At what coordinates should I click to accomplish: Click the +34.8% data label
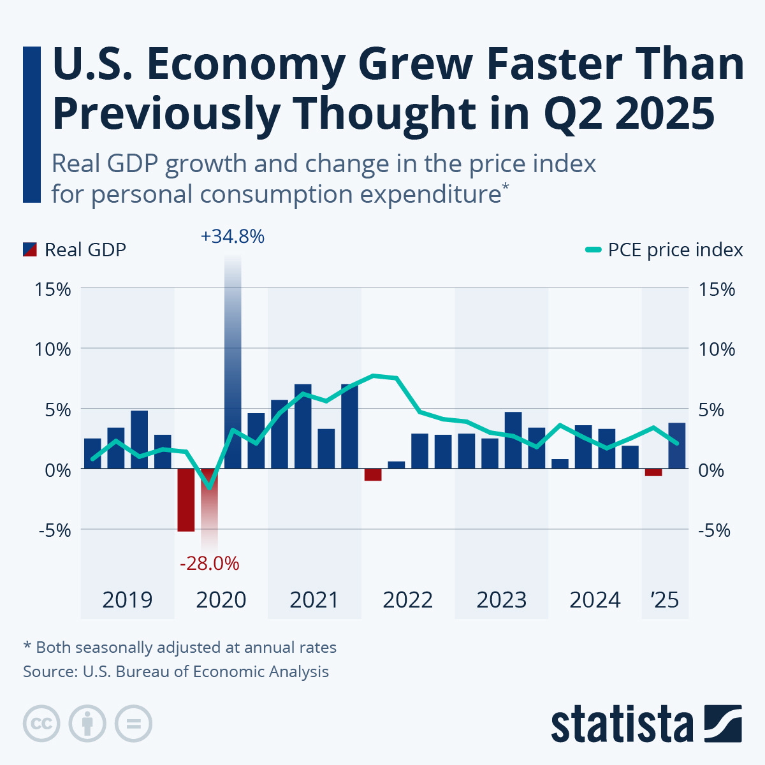point(233,237)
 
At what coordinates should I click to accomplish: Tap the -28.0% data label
point(209,564)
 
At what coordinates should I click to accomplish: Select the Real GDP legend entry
point(75,249)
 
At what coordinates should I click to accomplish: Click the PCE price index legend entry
point(664,249)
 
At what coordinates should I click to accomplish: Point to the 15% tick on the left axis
point(53,289)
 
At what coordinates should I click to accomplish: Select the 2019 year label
point(127,600)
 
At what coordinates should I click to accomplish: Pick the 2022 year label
point(408,600)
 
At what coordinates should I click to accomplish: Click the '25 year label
point(664,600)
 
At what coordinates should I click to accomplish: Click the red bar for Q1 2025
point(653,472)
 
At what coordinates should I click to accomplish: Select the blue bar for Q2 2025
point(677,446)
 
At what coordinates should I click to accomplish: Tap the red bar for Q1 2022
point(373,475)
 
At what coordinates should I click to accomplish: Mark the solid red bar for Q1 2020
point(186,500)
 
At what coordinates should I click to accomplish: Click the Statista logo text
point(622,724)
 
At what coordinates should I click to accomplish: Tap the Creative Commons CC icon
point(41,724)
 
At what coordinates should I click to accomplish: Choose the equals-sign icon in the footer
point(133,724)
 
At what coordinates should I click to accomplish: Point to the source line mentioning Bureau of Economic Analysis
point(176,671)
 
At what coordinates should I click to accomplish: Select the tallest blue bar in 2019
point(140,440)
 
